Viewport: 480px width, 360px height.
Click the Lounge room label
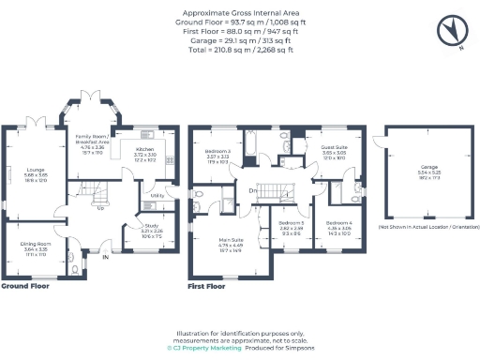[23, 170]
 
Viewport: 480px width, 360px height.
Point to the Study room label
[151, 225]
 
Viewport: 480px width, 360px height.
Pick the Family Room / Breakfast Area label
[93, 137]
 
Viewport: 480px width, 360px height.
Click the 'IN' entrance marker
[105, 256]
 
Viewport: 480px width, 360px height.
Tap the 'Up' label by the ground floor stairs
[100, 208]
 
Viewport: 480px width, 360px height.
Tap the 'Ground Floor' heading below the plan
[25, 286]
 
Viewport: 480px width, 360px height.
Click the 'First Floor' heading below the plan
[209, 286]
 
